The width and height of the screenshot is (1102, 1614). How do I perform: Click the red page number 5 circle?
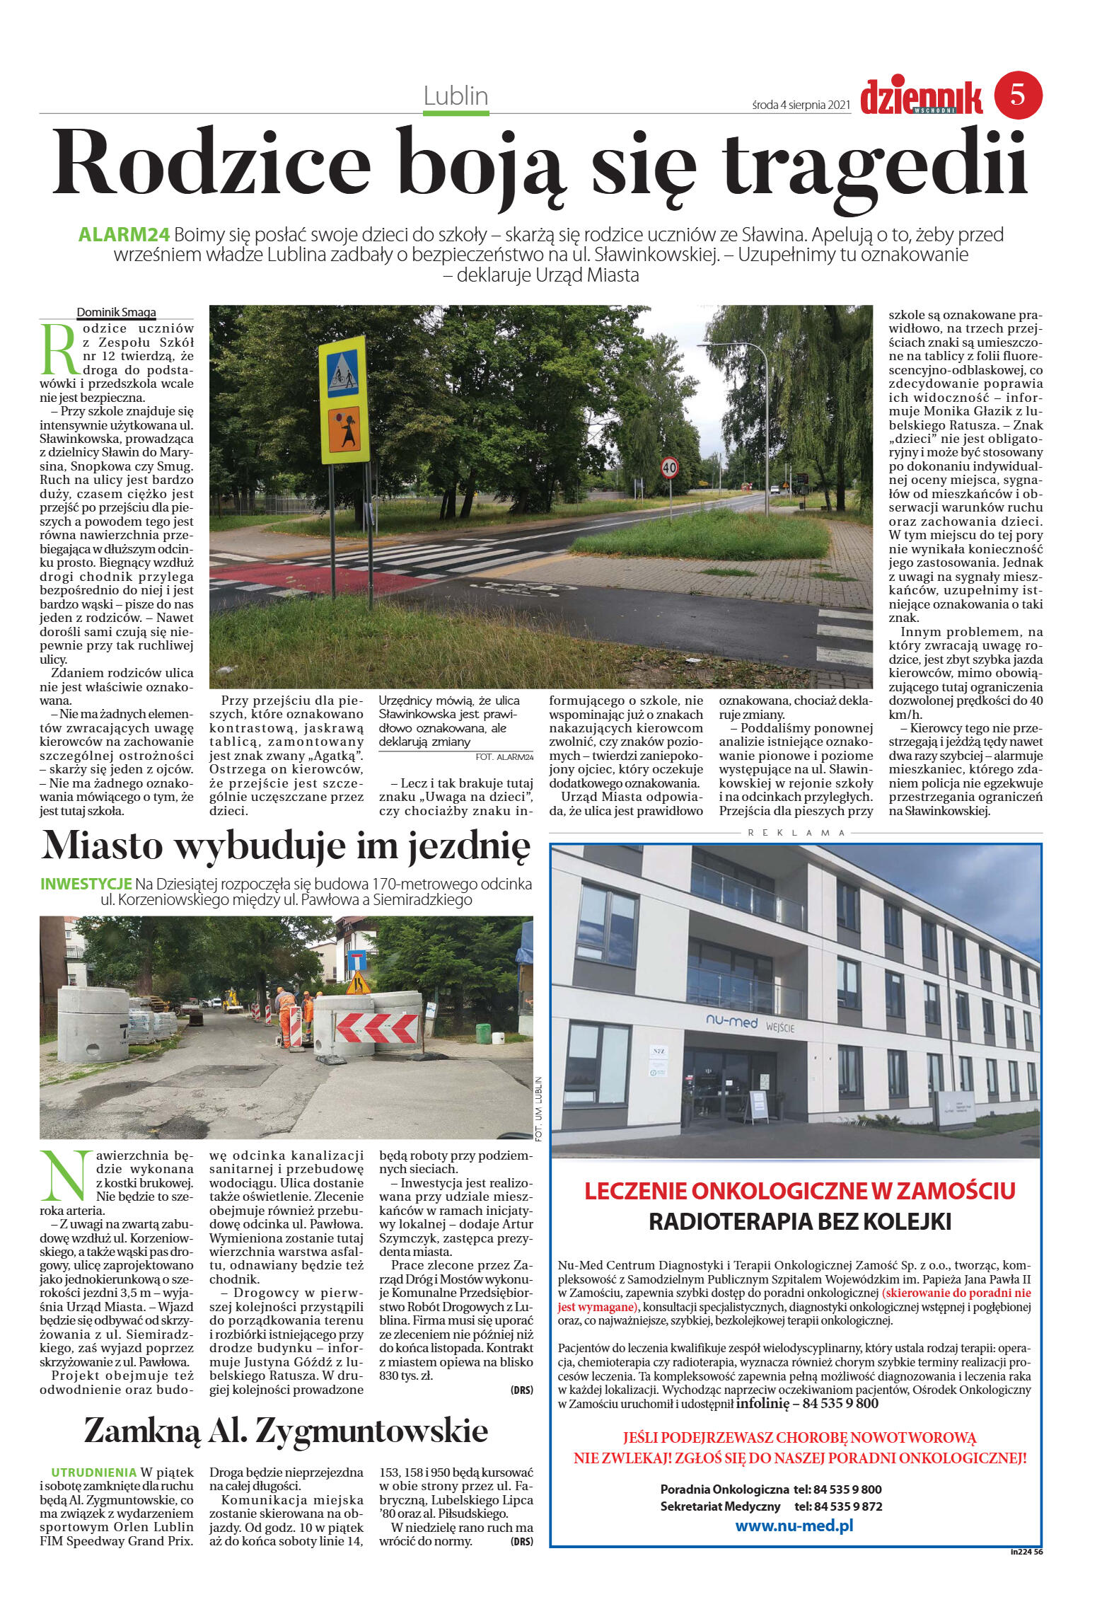pyautogui.click(x=1018, y=95)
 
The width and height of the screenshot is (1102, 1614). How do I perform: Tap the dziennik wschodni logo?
pyautogui.click(x=921, y=98)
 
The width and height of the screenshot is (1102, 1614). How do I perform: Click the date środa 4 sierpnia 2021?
pyautogui.click(x=800, y=105)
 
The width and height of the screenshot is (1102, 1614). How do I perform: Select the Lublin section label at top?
pyautogui.click(x=456, y=96)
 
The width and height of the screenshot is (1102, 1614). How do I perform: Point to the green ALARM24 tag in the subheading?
pyautogui.click(x=124, y=235)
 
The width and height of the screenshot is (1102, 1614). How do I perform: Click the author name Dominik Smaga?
pyautogui.click(x=116, y=312)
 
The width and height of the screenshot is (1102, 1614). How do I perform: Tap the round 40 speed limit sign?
pyautogui.click(x=669, y=467)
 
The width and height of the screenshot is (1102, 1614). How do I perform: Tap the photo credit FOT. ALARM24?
pyautogui.click(x=504, y=756)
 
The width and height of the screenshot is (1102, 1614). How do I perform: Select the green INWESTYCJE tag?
pyautogui.click(x=86, y=884)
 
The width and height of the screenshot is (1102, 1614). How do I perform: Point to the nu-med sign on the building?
pyautogui.click(x=731, y=1022)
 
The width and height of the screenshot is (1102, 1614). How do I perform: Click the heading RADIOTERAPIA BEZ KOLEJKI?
pyautogui.click(x=799, y=1222)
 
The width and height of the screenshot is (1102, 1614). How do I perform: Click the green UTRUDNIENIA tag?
pyautogui.click(x=93, y=1472)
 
